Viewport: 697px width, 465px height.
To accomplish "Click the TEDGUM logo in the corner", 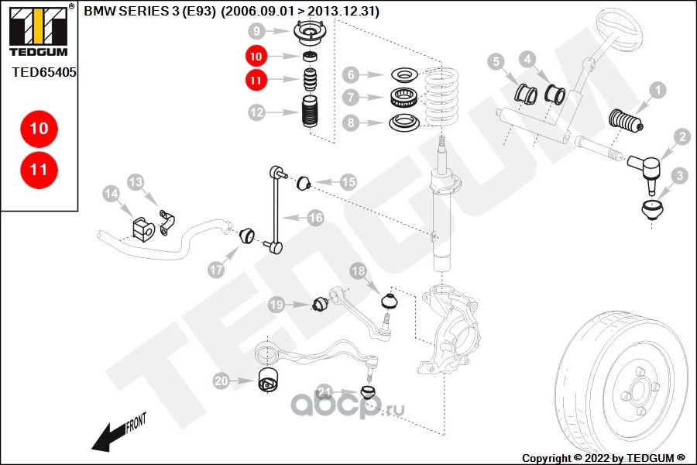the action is (39, 30).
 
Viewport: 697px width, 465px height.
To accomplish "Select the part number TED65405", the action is (43, 72).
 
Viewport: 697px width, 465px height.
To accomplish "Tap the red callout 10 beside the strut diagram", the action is (256, 56).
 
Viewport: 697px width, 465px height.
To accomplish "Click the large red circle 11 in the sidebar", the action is (39, 170).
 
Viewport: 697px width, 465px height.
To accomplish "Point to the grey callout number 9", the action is (257, 31).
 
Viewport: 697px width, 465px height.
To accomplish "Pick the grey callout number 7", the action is (351, 97).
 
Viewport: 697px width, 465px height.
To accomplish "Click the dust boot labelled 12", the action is (310, 112).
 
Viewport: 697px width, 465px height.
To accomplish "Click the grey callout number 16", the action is (316, 218).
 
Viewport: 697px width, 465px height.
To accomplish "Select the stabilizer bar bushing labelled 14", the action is (142, 229).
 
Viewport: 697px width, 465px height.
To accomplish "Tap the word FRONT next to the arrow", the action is (136, 422).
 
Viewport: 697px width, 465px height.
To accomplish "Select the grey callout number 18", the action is (359, 270).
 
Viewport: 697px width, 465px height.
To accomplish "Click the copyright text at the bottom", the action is (603, 458).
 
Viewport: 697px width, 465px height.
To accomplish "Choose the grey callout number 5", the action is (496, 62).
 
